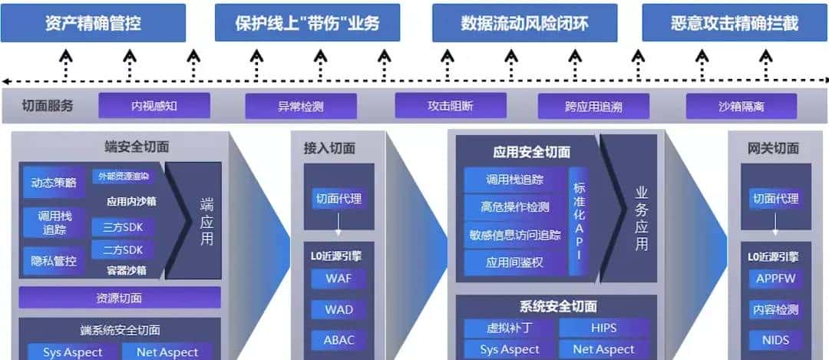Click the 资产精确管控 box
click(93, 23)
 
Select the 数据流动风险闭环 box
click(524, 23)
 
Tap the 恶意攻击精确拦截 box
click(735, 23)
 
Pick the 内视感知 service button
click(154, 106)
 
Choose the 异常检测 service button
click(301, 106)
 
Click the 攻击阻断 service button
click(451, 106)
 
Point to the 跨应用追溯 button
click(593, 106)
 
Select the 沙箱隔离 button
click(741, 106)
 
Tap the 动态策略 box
click(54, 183)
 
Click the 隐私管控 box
click(54, 261)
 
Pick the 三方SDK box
click(122, 227)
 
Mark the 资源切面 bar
click(119, 298)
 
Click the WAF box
click(339, 279)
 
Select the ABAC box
click(339, 340)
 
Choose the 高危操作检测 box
click(515, 206)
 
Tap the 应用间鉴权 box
click(515, 262)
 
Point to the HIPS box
click(603, 329)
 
